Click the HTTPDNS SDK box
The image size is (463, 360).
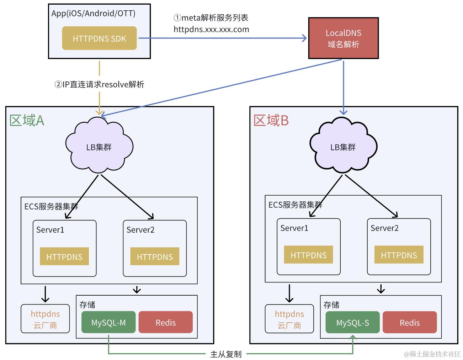pos(99,38)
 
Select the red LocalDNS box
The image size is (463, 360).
pos(343,38)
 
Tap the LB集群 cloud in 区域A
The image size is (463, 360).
pos(99,147)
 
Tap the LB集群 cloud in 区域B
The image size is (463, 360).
pos(343,147)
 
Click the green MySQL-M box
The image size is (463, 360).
pos(108,322)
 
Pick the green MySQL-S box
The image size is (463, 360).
pos(352,323)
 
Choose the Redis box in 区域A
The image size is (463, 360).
pos(165,322)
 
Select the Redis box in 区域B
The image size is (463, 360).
pos(410,323)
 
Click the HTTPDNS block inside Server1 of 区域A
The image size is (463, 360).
pos(64,256)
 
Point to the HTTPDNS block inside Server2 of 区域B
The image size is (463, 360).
pos(399,255)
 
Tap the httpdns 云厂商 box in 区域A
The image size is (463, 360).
pos(45,319)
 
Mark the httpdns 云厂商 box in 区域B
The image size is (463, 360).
pos(289,319)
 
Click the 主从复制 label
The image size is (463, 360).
pos(226,354)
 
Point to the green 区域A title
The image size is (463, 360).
pos(27,121)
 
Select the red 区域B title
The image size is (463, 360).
pos(271,121)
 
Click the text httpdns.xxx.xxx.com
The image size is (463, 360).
pos(211,30)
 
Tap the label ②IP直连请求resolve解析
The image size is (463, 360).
pos(99,84)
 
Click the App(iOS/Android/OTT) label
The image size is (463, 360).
pos(93,14)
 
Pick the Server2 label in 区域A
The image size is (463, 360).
pos(140,230)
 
